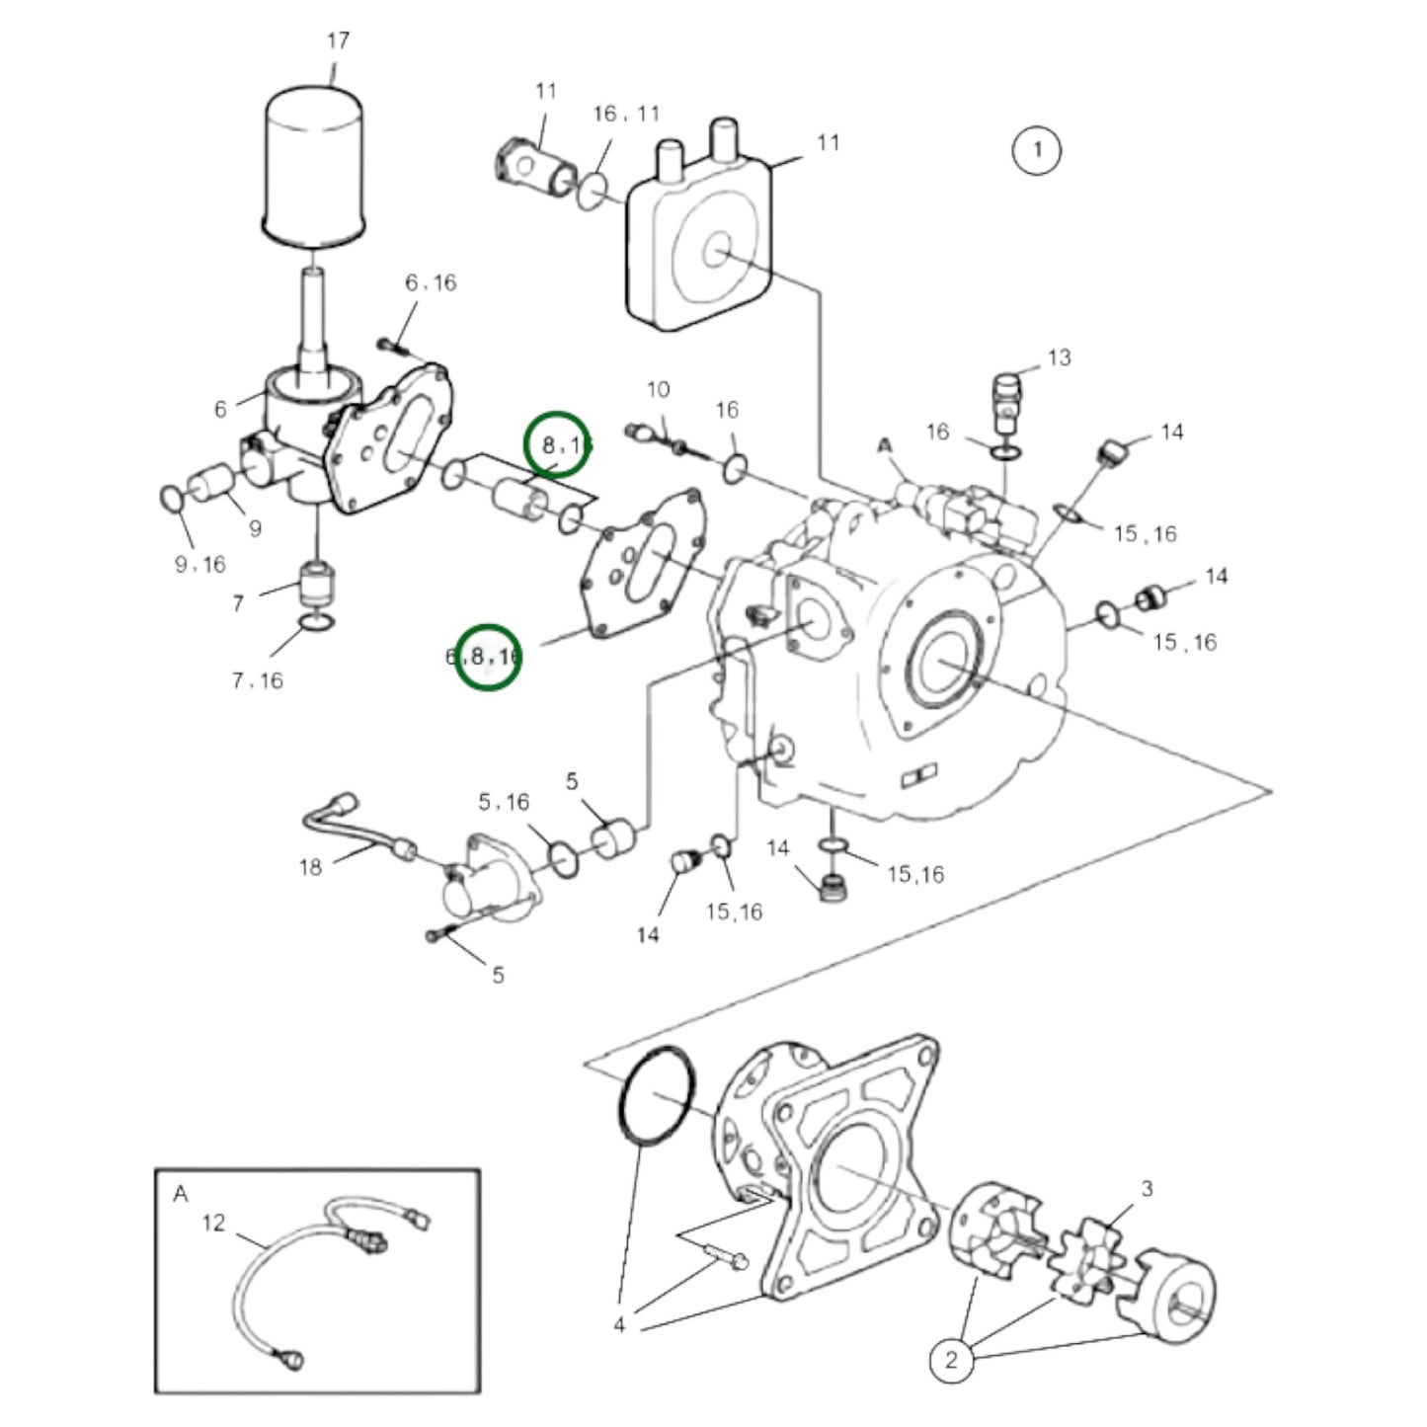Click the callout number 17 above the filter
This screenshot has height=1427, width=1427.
pos(338,41)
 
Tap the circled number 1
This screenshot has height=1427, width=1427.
pos(1036,150)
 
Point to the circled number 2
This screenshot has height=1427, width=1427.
pos(951,1360)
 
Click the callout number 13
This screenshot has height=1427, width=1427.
pos(1059,357)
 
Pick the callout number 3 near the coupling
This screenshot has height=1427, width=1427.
pos(1146,1189)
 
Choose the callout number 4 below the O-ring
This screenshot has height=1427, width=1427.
pos(619,1325)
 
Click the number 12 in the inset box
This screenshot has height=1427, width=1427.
pos(213,1224)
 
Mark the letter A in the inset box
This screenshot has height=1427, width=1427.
pos(180,1194)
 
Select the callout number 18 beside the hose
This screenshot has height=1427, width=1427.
pos(310,867)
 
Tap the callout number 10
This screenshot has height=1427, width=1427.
pos(658,390)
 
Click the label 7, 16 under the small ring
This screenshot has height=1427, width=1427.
pos(257,680)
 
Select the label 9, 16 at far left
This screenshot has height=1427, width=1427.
pos(199,564)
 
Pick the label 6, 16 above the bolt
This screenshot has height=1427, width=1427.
pos(431,283)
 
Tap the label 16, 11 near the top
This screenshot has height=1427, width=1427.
pos(625,114)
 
